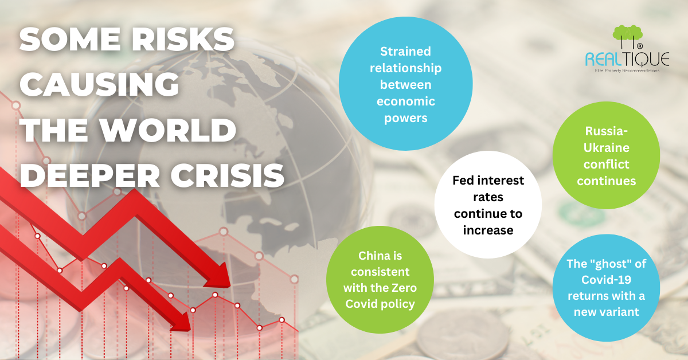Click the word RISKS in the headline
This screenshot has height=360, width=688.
point(183,40)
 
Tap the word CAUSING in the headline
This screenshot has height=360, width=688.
point(99,84)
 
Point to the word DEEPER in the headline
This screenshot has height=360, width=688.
point(89,175)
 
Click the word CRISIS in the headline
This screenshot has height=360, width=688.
point(228,175)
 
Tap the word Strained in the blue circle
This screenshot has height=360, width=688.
point(405,51)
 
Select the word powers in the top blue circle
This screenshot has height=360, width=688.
point(406,118)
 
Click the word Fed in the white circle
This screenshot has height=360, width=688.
point(463,181)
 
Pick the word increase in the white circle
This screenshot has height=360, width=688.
point(488,230)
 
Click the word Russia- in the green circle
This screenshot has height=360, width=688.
point(607,131)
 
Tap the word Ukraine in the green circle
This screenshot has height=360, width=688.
point(607,148)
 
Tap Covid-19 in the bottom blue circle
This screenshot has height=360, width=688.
point(607,280)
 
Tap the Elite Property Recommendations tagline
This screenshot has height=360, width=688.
point(627,71)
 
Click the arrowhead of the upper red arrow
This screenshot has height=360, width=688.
point(219,276)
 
